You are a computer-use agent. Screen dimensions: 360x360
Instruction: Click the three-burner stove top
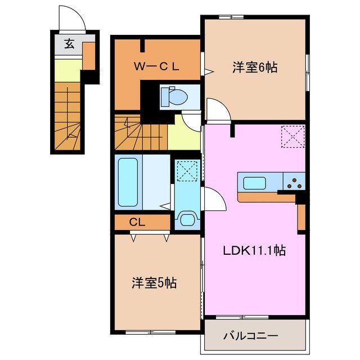pyautogui.click(x=294, y=181)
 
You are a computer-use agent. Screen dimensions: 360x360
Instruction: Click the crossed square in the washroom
pyautogui.click(x=186, y=170)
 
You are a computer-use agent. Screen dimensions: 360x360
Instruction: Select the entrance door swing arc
pyautogui.click(x=73, y=20)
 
